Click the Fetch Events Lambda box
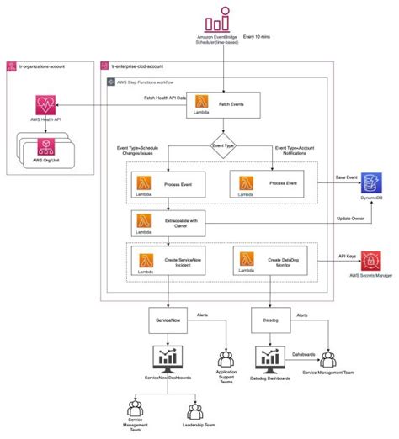tap(223, 106)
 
